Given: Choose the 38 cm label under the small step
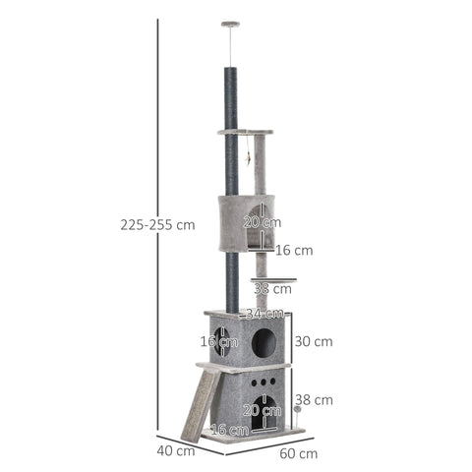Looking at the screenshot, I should click(271, 289).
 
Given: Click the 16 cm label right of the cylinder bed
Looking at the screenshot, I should click(294, 251).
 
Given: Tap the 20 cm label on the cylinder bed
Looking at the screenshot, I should click(256, 223).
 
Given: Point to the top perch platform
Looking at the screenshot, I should click(246, 133).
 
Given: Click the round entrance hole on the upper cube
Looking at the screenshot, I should click(264, 342).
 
